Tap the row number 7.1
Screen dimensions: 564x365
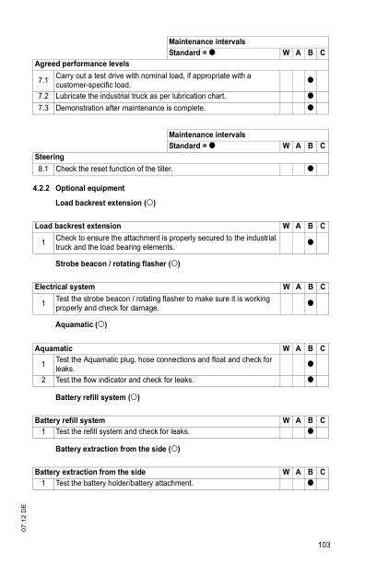coord(42,80)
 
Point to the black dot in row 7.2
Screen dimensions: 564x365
coord(310,96)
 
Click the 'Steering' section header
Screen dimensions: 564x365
coord(49,157)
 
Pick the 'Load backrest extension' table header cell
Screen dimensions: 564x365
coord(77,226)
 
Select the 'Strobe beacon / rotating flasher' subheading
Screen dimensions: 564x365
coord(117,264)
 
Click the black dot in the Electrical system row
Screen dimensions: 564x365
coord(310,303)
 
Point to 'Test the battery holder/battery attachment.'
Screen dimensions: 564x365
coord(124,483)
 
